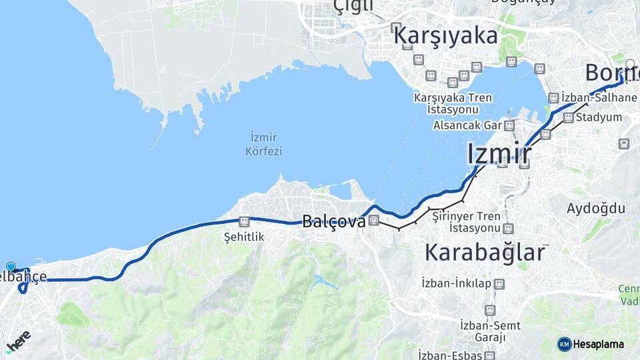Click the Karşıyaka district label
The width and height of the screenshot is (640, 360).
445,35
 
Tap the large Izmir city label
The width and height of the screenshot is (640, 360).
499,154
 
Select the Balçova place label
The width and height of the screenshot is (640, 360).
334,221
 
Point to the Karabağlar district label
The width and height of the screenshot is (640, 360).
485,253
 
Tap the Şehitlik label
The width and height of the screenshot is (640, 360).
245,237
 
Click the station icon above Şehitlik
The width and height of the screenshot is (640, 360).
245,221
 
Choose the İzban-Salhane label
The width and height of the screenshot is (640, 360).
599,98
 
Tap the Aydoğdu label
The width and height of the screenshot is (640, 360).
596,209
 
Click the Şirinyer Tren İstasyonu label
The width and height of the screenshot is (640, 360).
466,222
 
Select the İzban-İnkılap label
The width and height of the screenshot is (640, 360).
456,284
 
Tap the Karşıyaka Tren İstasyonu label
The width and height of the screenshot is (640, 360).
453,103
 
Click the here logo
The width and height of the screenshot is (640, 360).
18,342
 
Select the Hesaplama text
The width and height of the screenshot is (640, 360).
599,344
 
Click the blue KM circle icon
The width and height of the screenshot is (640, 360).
564,344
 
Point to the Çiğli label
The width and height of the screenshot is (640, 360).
353,7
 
